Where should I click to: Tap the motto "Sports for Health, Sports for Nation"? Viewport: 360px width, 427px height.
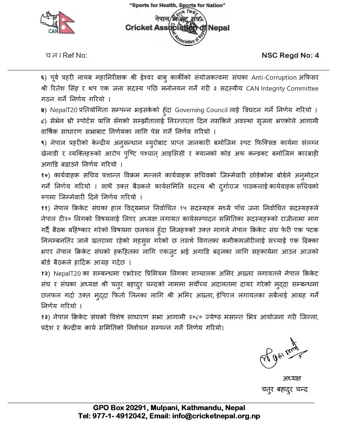point(177,5)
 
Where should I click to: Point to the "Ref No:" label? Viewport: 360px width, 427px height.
point(73,55)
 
